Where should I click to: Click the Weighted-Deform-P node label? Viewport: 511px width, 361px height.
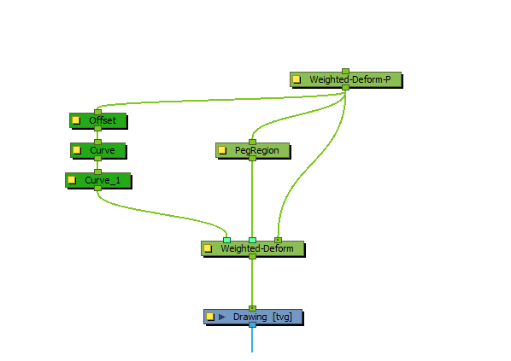[x=350, y=79]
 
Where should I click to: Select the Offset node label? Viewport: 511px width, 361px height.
[x=103, y=120]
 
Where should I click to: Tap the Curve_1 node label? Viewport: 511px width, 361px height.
[x=103, y=180]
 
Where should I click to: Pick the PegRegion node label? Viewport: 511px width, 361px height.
[x=257, y=150]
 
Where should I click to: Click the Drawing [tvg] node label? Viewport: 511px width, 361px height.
[x=262, y=317]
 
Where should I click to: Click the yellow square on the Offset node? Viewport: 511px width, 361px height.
[x=76, y=120]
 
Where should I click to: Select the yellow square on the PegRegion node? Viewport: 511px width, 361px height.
[x=222, y=150]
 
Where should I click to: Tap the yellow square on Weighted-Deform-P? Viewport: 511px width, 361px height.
[x=297, y=79]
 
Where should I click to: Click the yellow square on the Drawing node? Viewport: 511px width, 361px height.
[x=210, y=317]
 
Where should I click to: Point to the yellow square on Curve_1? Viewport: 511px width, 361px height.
[x=72, y=180]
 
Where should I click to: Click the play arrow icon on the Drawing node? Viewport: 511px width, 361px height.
[x=222, y=317]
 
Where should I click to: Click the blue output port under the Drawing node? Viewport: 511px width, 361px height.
[x=252, y=325]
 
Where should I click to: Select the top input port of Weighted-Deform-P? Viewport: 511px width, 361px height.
[x=345, y=72]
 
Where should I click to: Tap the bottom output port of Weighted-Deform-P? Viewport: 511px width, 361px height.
[x=345, y=88]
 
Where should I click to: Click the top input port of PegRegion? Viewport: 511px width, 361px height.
[x=252, y=142]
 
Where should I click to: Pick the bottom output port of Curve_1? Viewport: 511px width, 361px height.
[x=97, y=188]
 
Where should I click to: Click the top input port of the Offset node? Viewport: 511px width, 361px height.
[x=97, y=112]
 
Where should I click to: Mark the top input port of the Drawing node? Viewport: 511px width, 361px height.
[x=252, y=308]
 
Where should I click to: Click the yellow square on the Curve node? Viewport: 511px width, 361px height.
[x=77, y=150]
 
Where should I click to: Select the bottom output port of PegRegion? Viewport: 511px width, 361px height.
[x=252, y=159]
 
